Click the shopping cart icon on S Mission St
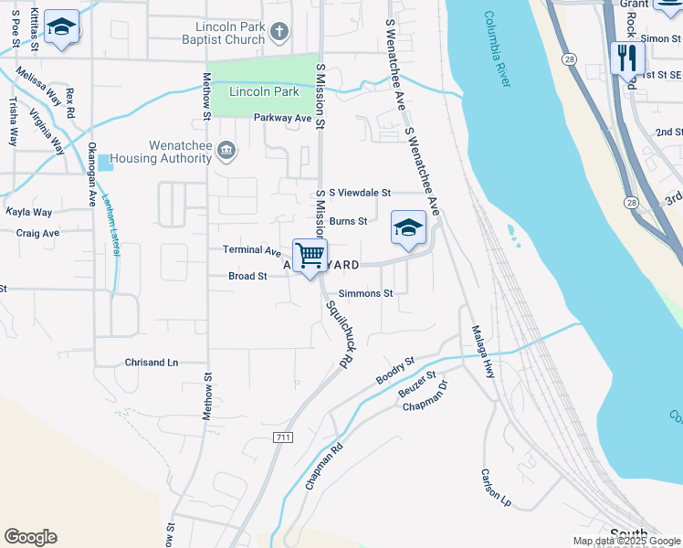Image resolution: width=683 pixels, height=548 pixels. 310,254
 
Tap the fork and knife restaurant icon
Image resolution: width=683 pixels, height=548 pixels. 627,58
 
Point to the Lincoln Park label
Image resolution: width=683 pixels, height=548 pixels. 264,92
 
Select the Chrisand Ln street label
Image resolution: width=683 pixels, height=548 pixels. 152,363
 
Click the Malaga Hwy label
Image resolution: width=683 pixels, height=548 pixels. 483,352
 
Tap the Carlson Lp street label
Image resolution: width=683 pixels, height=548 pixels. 496,488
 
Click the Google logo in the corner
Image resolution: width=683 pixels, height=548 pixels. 30,537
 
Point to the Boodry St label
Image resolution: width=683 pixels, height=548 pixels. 395,371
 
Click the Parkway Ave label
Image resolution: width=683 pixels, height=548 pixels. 283,118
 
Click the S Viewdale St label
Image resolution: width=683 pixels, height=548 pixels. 360,193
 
